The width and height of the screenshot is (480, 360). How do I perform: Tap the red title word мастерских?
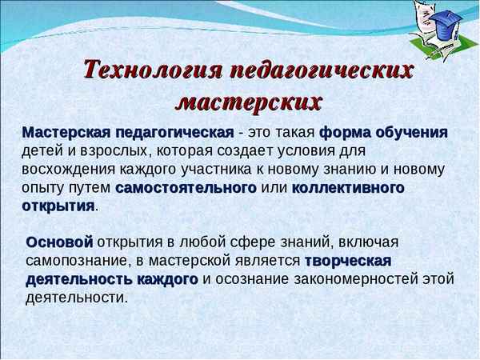tap(249, 102)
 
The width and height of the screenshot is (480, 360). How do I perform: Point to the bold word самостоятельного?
tap(186, 189)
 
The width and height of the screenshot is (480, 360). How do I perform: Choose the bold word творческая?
tap(347, 261)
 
